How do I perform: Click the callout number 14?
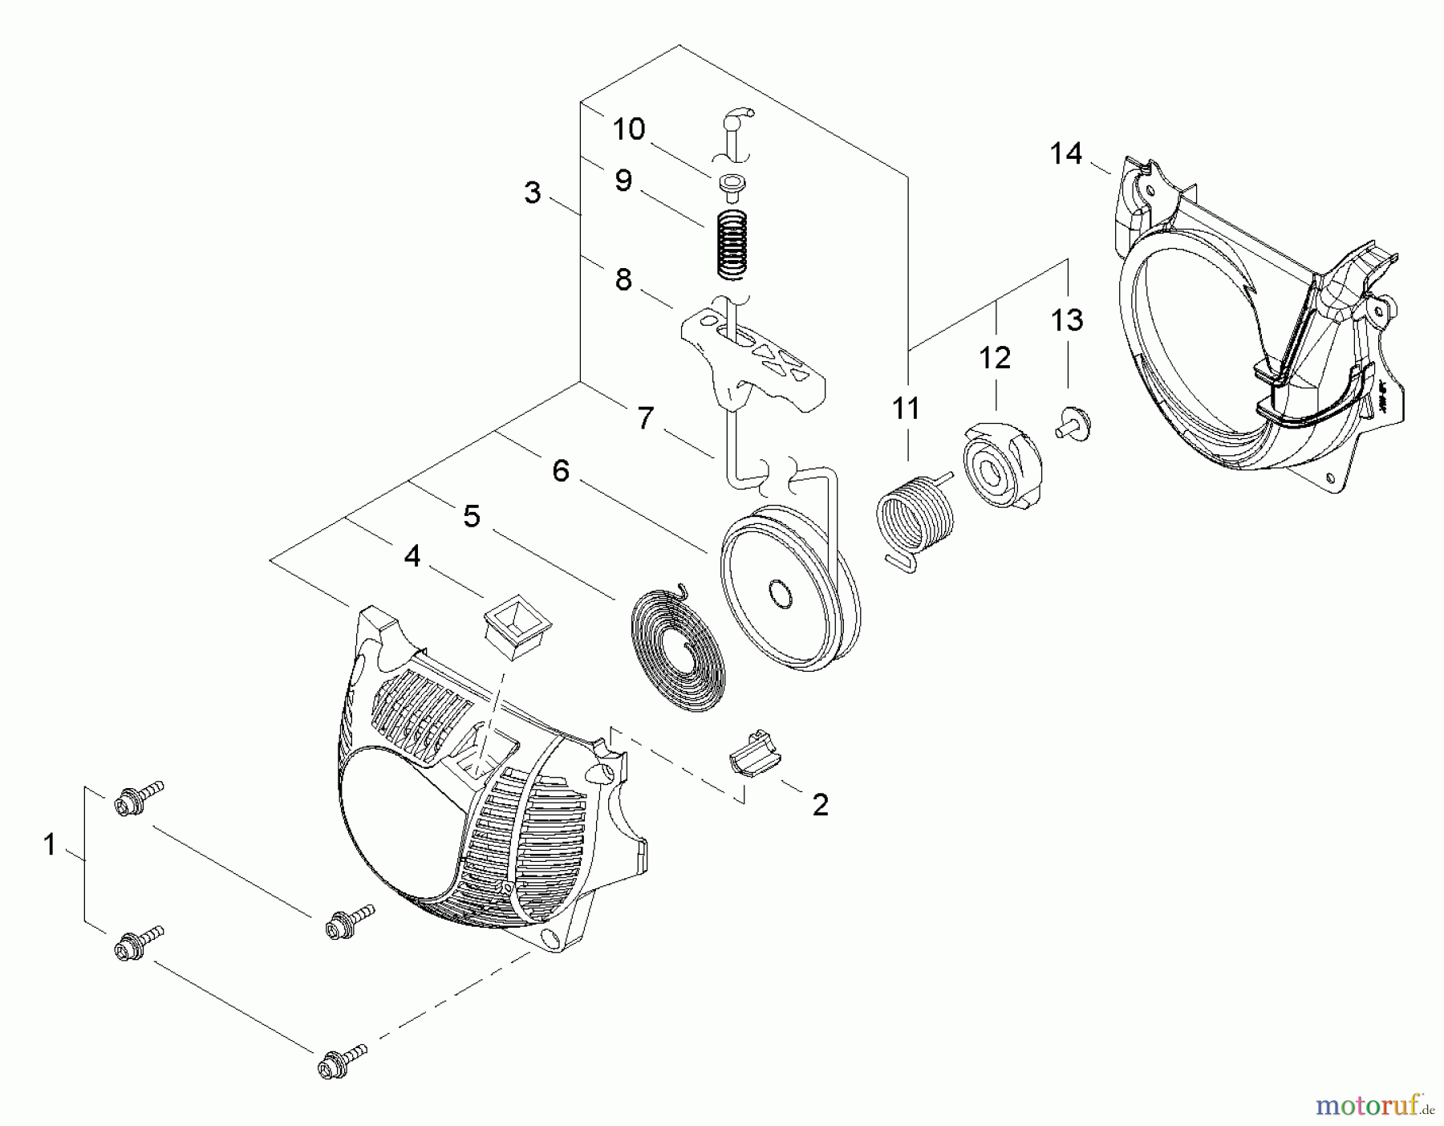[1065, 153]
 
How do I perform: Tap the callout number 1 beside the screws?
[50, 844]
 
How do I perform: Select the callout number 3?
[532, 193]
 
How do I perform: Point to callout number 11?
[907, 409]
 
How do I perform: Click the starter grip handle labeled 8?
[754, 353]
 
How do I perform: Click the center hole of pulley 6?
[779, 594]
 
